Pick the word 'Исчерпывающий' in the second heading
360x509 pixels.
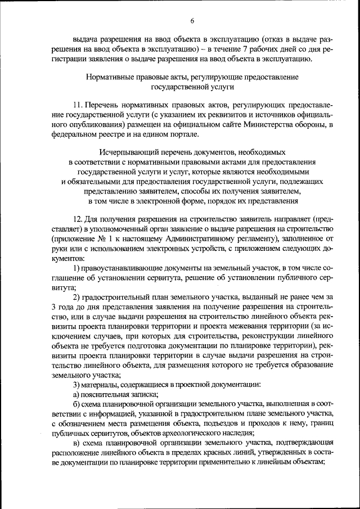coord(128,152)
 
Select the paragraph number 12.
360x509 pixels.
coord(77,217)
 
